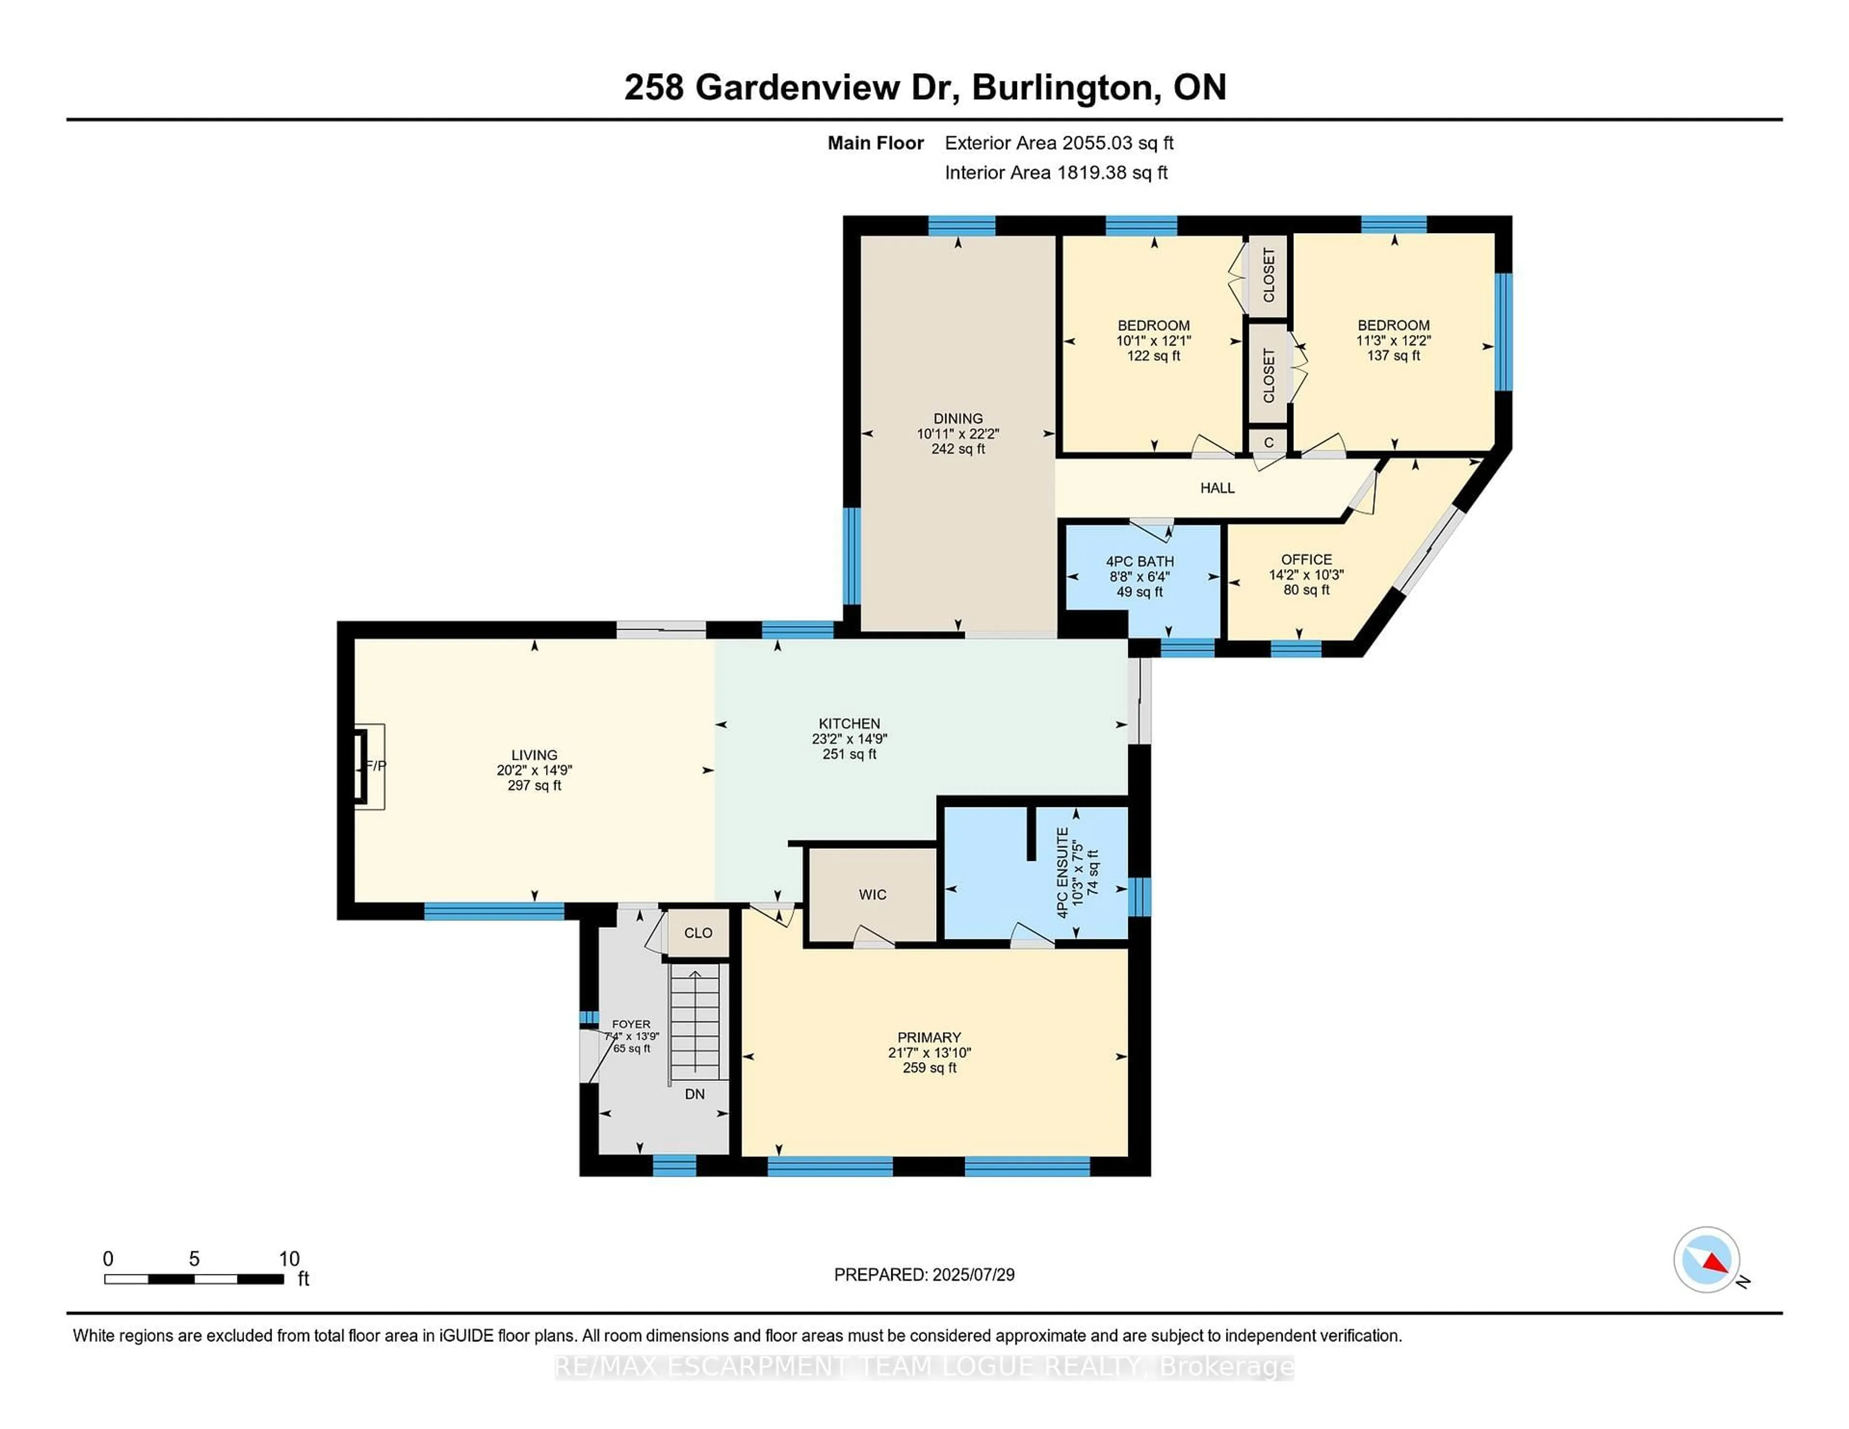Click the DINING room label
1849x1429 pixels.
958,418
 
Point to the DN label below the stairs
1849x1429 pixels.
694,1094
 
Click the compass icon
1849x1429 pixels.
1706,1259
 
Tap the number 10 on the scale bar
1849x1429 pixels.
289,1258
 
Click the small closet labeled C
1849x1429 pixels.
1268,442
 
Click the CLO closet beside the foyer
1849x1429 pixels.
698,933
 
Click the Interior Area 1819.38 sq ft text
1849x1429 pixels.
1056,173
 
